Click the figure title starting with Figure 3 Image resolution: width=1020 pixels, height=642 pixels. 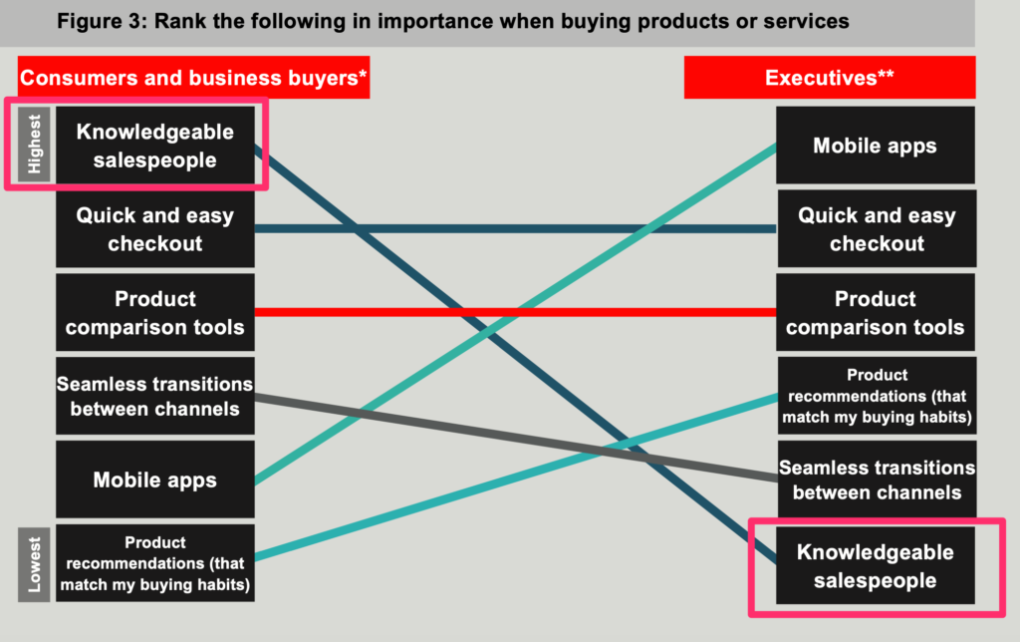click(453, 22)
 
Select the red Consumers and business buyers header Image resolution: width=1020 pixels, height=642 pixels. click(194, 78)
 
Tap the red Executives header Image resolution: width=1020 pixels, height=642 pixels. click(830, 78)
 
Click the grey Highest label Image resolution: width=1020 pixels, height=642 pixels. click(34, 144)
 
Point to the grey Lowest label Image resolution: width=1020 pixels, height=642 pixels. click(34, 564)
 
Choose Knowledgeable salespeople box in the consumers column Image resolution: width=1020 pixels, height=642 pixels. click(154, 146)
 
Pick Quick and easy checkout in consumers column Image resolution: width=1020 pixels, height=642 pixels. click(154, 228)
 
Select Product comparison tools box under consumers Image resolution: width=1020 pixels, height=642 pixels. click(154, 312)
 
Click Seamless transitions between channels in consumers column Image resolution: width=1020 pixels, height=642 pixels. click(154, 396)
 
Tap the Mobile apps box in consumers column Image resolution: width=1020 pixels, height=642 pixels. click(154, 480)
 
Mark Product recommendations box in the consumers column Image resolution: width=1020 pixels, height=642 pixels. click(154, 563)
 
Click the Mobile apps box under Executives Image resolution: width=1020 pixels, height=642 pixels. click(875, 146)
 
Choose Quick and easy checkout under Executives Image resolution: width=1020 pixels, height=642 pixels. click(877, 228)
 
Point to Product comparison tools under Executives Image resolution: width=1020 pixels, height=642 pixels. click(875, 312)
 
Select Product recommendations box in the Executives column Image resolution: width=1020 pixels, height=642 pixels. click(877, 396)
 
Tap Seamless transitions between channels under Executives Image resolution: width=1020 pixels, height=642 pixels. click(877, 480)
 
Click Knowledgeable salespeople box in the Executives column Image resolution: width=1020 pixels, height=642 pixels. click(875, 565)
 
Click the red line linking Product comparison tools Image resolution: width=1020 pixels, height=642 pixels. click(515, 313)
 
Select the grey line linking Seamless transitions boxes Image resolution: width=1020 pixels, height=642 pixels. click(516, 438)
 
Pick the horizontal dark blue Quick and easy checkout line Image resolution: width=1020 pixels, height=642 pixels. click(515, 228)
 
